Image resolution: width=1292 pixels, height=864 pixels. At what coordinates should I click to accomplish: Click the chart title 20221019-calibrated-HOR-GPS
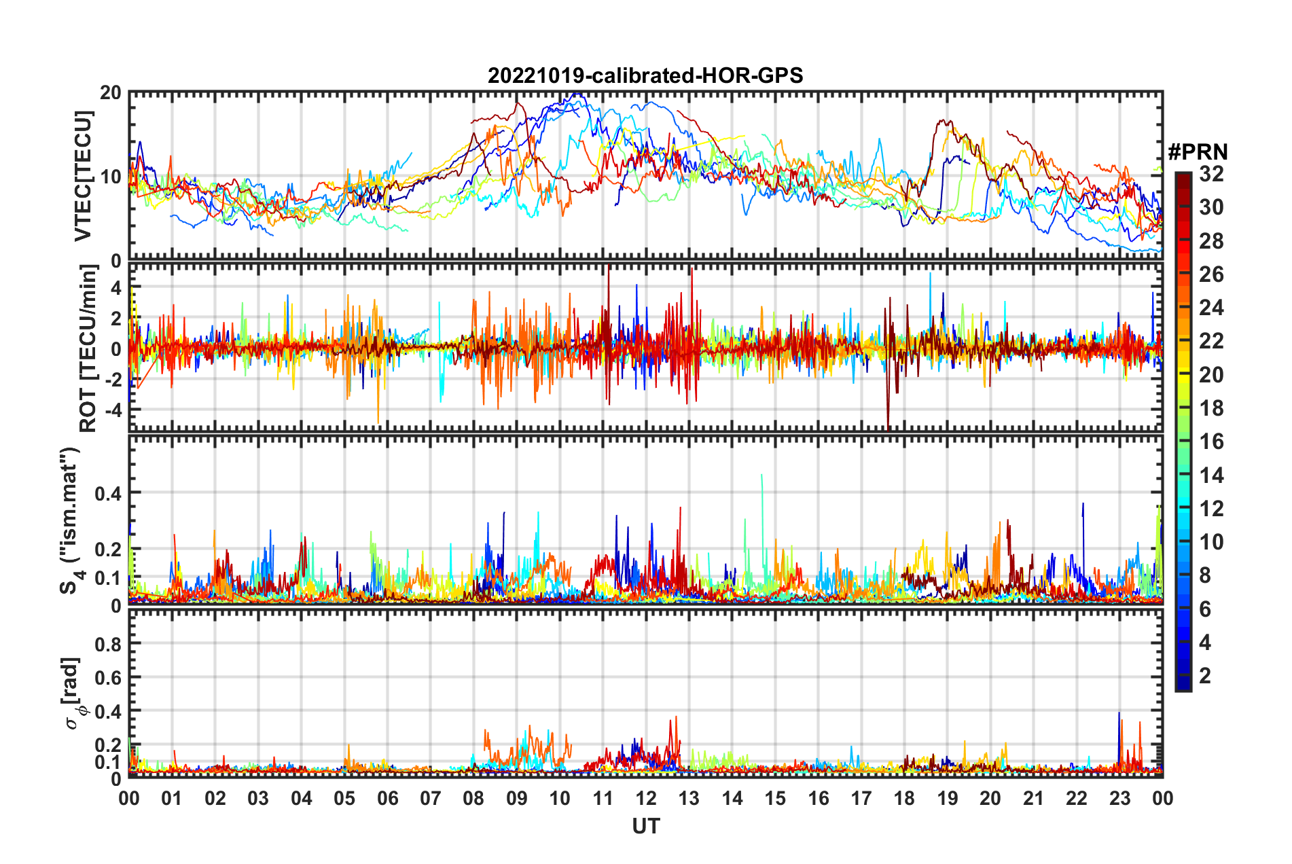click(x=645, y=75)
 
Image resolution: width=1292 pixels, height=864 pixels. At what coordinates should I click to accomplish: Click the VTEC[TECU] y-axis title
click(x=83, y=176)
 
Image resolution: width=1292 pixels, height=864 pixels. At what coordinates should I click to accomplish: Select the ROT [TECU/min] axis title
click(x=88, y=348)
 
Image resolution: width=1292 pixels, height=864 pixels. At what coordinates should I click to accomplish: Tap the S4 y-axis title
click(x=69, y=520)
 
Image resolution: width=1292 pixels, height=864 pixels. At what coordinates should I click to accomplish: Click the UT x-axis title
click(x=645, y=826)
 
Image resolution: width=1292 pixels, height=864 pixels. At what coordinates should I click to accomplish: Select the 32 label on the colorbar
click(x=1211, y=174)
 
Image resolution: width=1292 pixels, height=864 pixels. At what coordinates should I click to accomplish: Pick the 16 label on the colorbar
click(x=1211, y=442)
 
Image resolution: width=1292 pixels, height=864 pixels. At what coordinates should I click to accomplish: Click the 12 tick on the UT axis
click(x=646, y=798)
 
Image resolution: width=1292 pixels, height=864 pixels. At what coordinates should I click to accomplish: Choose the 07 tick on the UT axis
click(x=431, y=798)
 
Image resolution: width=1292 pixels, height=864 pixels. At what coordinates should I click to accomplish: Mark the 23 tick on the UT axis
click(x=1119, y=798)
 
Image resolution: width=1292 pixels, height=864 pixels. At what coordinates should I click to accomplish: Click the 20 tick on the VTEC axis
click(x=111, y=93)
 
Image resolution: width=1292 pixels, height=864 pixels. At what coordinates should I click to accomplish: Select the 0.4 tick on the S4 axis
click(x=108, y=493)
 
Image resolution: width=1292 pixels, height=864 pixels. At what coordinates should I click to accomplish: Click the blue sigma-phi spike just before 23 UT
click(x=1119, y=715)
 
